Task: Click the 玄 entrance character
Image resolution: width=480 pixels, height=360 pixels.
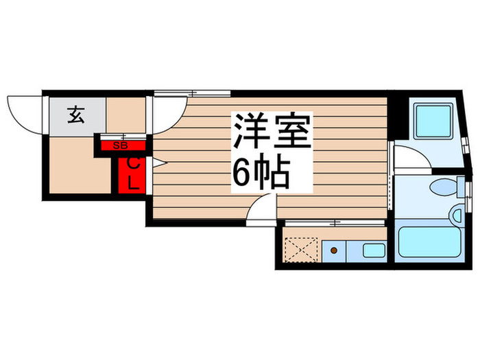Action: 75,115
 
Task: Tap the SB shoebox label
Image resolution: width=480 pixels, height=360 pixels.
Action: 120,145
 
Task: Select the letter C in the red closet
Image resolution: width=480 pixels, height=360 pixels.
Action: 134,165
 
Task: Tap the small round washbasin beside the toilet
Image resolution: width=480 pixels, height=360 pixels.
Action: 457,217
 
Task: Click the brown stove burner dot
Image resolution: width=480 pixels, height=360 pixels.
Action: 334,251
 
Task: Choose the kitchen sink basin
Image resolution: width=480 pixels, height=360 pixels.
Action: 373,250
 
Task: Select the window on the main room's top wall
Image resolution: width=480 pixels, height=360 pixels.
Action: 182,93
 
